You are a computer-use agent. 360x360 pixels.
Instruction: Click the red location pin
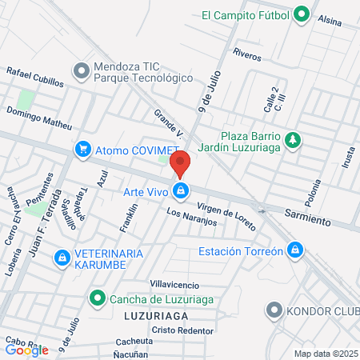(x=181, y=162)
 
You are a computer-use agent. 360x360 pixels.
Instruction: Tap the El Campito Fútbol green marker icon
(x=301, y=14)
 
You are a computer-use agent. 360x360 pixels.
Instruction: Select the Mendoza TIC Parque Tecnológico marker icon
(x=81, y=72)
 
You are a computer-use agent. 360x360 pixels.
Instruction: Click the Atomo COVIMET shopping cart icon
(x=82, y=149)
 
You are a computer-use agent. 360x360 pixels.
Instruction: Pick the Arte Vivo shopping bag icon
(x=182, y=190)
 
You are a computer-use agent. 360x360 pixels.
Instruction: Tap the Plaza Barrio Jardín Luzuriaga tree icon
(x=294, y=140)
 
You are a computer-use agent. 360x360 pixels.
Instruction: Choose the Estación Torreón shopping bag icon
(x=297, y=250)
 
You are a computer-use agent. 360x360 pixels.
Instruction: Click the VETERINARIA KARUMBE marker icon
(x=62, y=258)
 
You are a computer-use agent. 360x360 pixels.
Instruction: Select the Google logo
(x=26, y=350)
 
